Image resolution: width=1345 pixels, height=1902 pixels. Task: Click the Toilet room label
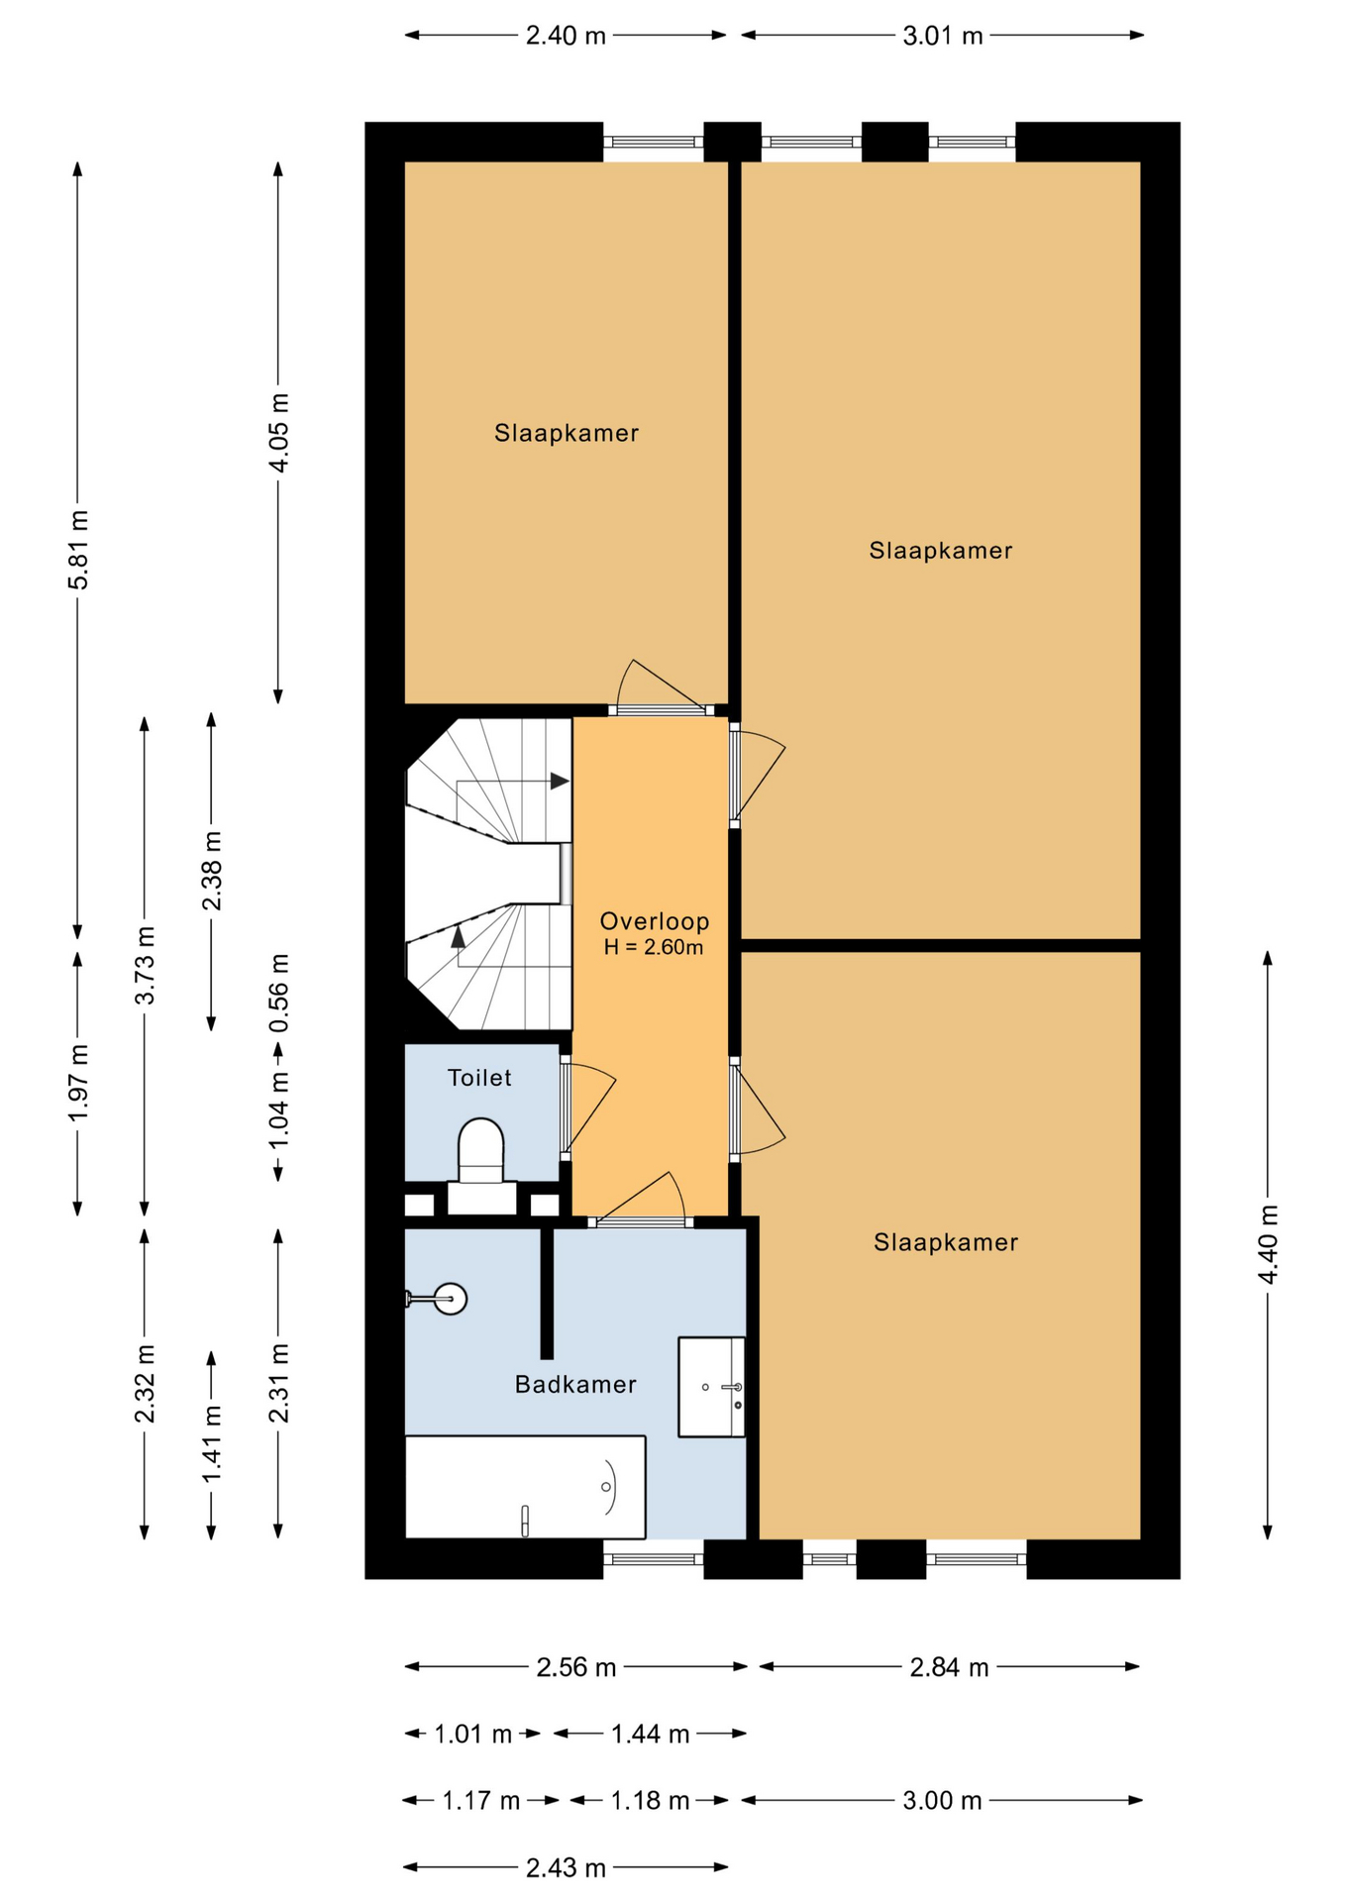(479, 1078)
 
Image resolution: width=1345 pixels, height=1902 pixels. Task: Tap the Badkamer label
(575, 1384)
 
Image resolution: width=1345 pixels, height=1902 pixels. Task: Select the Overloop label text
(655, 921)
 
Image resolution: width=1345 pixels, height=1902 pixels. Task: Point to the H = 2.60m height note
(654, 947)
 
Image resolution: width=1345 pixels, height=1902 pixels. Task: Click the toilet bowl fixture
(481, 1152)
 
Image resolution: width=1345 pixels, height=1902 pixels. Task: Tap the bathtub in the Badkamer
(525, 1487)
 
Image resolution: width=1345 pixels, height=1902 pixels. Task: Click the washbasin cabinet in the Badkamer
(711, 1387)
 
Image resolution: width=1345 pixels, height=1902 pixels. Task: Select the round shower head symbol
(451, 1299)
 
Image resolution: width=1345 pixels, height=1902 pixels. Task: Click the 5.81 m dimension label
(78, 550)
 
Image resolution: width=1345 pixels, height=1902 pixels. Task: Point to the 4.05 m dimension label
(279, 433)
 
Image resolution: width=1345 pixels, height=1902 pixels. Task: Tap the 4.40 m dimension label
(1268, 1245)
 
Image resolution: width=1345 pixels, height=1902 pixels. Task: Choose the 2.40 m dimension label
(566, 37)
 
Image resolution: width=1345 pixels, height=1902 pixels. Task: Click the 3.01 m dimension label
(943, 37)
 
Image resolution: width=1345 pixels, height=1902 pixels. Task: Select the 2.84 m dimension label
(949, 1667)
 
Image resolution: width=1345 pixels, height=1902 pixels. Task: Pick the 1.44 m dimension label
(650, 1734)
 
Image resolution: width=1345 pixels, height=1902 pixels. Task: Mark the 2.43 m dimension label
(566, 1867)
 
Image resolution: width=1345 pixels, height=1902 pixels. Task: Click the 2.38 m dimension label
(212, 871)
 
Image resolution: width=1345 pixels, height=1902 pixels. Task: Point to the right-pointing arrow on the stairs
(560, 781)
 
